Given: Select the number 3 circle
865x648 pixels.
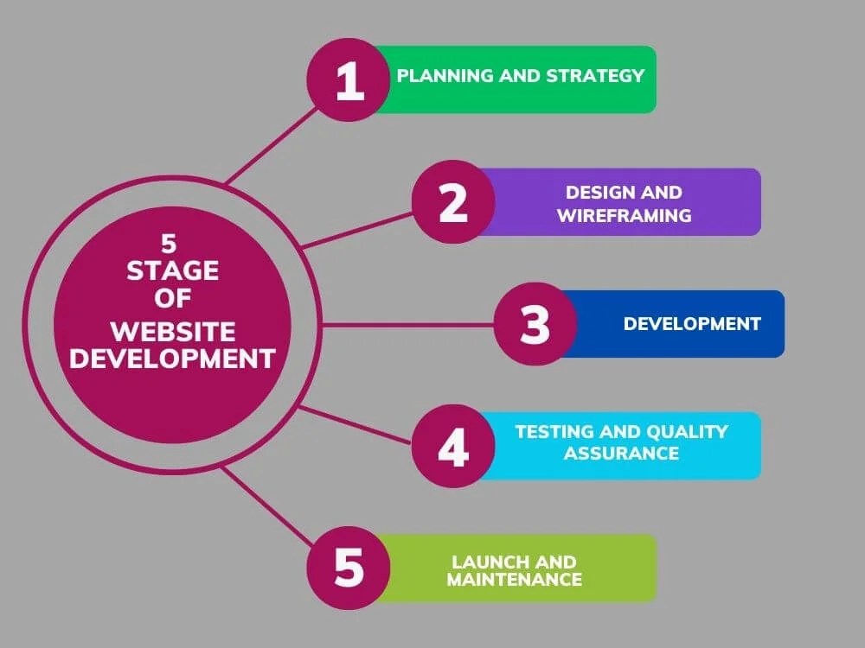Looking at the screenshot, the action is click(535, 325).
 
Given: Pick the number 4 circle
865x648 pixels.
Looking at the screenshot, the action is click(452, 448).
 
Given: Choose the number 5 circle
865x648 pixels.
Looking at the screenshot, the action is click(349, 570).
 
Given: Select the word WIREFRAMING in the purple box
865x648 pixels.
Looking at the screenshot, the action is click(624, 215).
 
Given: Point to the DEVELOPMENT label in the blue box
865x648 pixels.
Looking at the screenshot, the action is click(692, 324).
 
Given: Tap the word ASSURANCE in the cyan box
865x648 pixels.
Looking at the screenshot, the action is click(621, 453).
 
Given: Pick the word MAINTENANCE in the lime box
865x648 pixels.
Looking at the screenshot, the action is click(514, 580).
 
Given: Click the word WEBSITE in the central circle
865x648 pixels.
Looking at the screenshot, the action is click(173, 331).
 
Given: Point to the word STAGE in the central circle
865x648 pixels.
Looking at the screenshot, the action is click(173, 271).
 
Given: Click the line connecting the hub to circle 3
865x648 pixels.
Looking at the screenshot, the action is click(407, 325).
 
